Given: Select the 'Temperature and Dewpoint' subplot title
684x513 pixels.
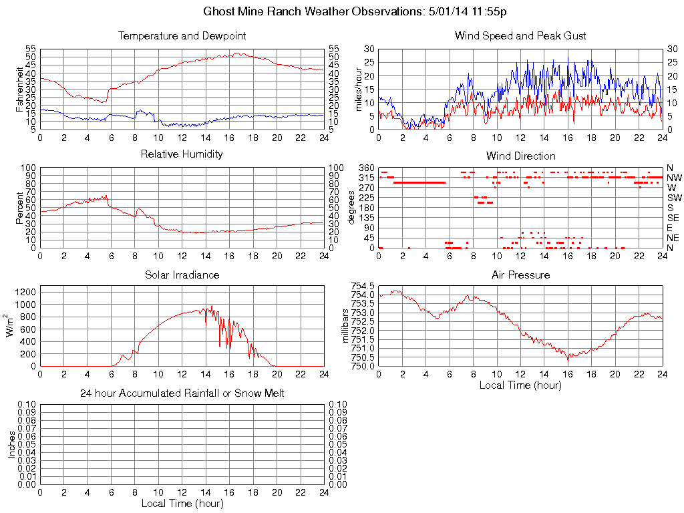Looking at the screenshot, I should point(182,36).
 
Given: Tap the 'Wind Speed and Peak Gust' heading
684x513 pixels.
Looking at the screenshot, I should point(520,36).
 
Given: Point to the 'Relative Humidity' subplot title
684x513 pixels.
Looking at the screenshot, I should point(182,154).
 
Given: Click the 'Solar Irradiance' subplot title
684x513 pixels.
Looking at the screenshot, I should point(182,275).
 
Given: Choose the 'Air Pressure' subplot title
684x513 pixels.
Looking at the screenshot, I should point(520,275).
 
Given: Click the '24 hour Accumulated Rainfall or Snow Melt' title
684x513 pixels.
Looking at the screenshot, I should point(182,393).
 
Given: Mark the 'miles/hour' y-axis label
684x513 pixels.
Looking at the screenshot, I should point(358,90).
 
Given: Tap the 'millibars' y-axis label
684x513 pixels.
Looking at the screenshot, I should point(345,326).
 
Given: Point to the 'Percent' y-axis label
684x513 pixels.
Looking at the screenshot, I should point(20,208).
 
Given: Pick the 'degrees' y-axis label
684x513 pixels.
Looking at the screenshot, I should point(352,208).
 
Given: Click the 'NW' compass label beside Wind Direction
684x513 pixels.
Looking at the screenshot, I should point(674,178).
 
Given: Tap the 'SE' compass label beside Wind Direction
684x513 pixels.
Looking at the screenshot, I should point(673,218).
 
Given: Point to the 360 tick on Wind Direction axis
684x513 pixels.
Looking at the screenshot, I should point(367,168).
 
